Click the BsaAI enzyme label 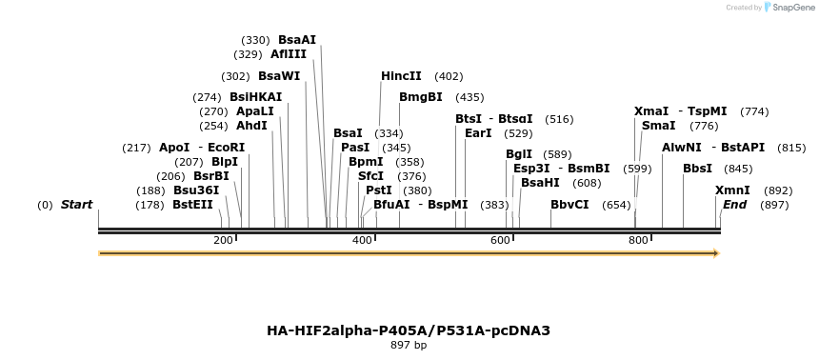(297, 40)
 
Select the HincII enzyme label (401, 76)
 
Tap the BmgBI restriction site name (421, 97)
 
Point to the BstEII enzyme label (193, 205)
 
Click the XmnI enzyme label (732, 190)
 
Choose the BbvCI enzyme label (569, 205)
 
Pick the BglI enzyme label (519, 154)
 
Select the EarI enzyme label (478, 133)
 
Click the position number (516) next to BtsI (559, 119)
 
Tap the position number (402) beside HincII (449, 76)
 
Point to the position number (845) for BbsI (738, 169)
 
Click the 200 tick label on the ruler (223, 241)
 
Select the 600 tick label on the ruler (501, 241)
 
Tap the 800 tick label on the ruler (639, 241)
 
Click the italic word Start (77, 205)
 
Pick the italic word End (734, 205)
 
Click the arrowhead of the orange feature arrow (716, 253)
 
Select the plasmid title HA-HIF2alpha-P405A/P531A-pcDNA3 (409, 330)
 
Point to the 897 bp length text (409, 345)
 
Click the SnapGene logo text (792, 8)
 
